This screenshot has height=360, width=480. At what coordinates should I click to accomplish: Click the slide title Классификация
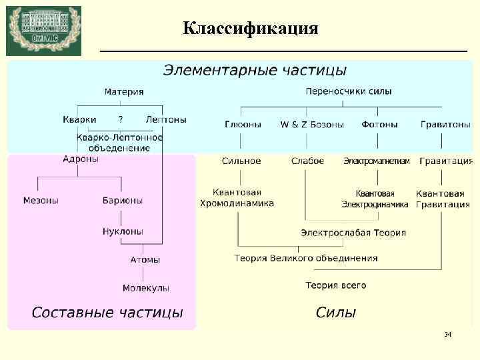tap(251, 29)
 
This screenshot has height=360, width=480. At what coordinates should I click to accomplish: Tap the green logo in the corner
tap(43, 31)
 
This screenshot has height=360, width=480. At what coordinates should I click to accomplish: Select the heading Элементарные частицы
tap(255, 69)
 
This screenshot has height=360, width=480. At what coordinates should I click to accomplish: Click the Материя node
tap(123, 91)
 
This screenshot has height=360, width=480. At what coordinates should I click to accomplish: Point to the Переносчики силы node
tap(348, 91)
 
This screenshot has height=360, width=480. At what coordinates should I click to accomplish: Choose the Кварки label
tap(79, 120)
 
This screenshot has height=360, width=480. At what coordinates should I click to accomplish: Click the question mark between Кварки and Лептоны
tap(120, 120)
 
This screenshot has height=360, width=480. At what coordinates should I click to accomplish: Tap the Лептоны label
tap(166, 120)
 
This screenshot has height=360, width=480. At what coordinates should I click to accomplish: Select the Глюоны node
tap(243, 125)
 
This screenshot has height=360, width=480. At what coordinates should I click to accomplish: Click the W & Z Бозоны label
tap(312, 125)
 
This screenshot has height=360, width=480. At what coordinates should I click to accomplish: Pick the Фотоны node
tap(379, 125)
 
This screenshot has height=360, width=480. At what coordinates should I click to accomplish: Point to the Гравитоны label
tap(445, 125)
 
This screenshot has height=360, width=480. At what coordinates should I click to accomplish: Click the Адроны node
tap(81, 159)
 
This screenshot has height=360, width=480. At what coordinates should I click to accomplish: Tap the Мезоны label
tap(41, 200)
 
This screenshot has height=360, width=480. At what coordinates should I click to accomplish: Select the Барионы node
tap(122, 200)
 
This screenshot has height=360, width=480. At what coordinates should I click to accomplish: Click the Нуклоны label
tap(123, 231)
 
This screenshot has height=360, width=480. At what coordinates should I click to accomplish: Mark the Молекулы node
tap(145, 288)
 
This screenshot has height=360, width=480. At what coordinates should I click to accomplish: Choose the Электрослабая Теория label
tap(353, 233)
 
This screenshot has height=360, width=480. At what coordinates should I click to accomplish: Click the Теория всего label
tap(336, 285)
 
